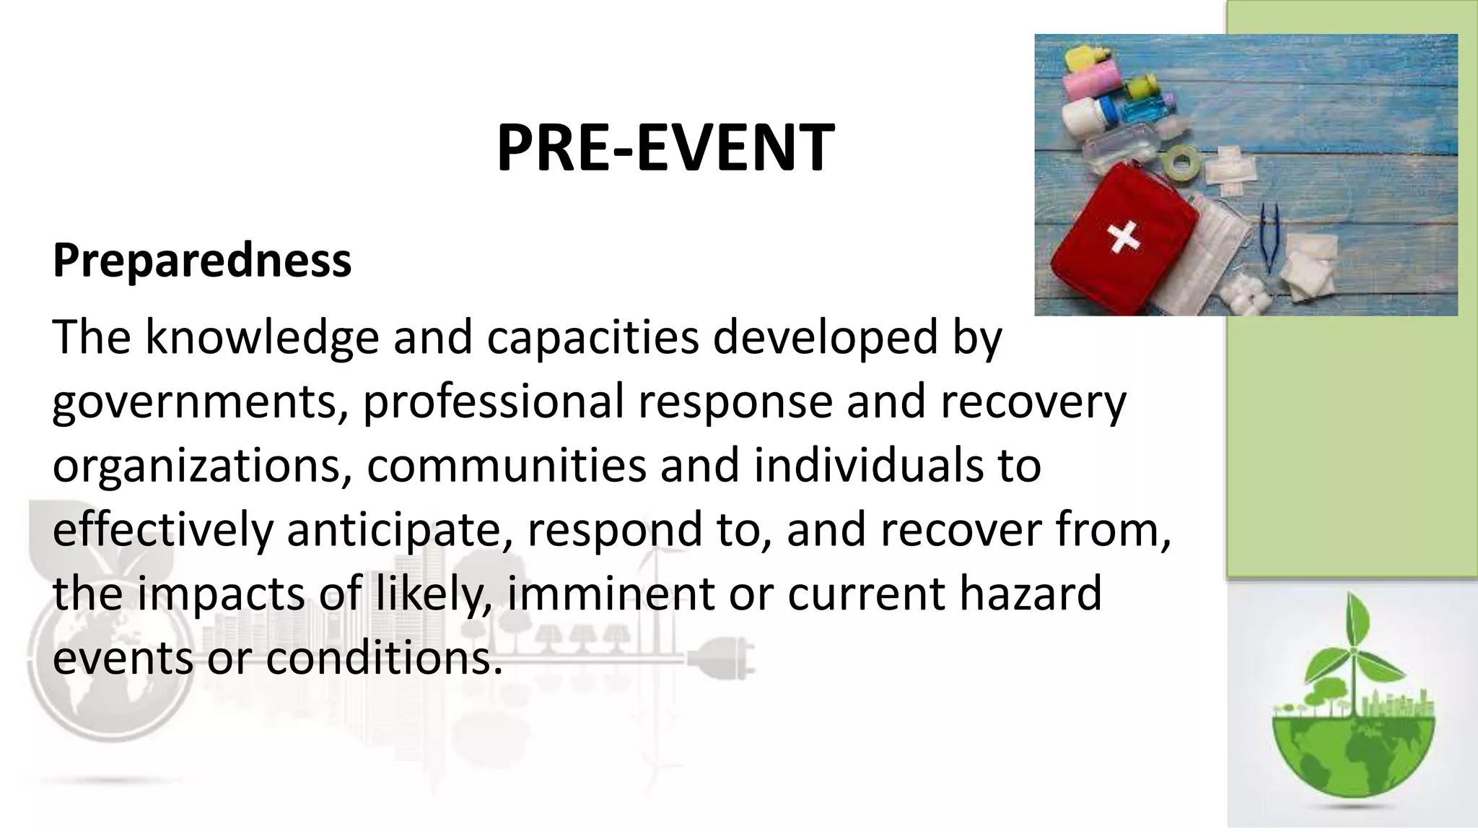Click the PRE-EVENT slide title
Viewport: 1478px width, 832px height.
click(665, 148)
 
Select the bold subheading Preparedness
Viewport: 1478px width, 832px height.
click(202, 260)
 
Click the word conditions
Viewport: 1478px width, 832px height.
click(383, 657)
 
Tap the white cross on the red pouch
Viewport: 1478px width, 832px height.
click(1123, 236)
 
